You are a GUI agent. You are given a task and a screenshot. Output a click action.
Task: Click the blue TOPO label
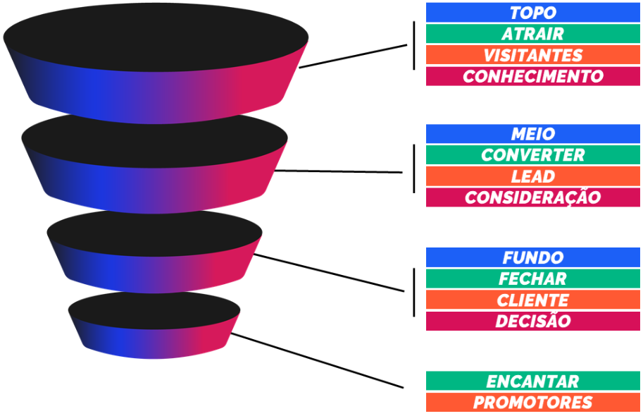[532, 13]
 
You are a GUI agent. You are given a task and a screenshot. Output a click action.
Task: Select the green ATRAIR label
[532, 34]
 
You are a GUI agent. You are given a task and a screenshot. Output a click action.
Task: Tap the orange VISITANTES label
[532, 55]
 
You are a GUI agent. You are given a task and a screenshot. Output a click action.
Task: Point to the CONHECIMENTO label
[532, 76]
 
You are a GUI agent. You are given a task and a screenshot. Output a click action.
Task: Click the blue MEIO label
[532, 134]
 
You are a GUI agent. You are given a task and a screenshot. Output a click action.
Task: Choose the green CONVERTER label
[532, 155]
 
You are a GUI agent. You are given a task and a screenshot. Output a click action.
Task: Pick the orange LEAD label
[532, 176]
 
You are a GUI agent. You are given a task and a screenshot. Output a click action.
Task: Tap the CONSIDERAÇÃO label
[532, 197]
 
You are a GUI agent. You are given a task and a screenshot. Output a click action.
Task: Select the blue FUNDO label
[532, 257]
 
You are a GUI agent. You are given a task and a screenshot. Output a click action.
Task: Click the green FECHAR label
[532, 279]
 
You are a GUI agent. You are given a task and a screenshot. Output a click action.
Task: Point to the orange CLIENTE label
[532, 300]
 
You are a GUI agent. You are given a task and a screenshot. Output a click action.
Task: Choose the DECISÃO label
[532, 321]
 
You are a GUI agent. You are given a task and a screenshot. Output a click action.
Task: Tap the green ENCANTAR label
[532, 381]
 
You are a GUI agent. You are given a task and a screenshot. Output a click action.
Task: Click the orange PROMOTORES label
[532, 403]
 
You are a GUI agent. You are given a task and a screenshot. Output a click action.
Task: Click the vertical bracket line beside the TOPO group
[414, 45]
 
